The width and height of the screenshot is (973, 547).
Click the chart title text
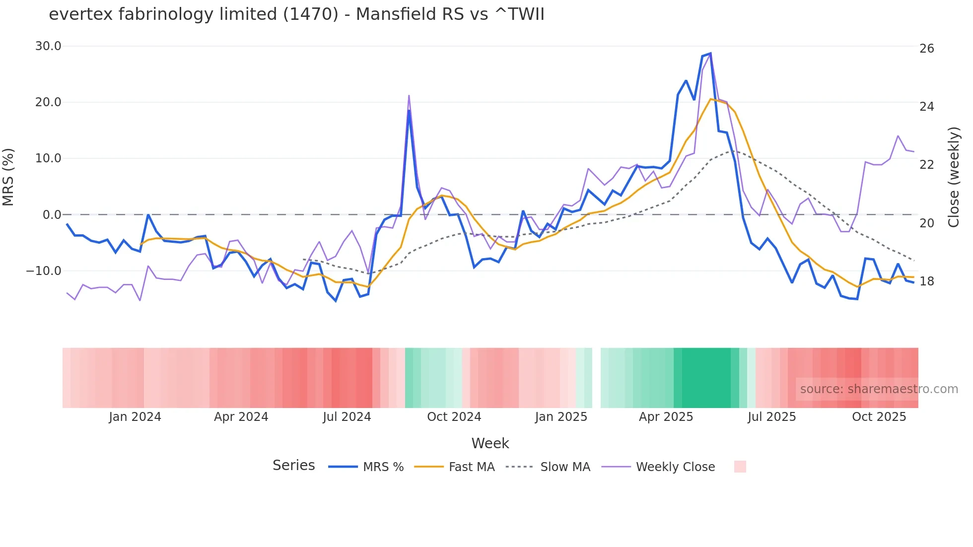coord(296,14)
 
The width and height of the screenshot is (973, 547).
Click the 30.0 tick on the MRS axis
coord(48,46)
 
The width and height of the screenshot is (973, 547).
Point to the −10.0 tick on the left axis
coord(44,271)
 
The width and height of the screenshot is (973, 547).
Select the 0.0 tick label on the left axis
coord(52,215)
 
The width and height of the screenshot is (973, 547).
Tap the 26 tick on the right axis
coord(926,49)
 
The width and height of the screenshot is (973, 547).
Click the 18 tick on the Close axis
coord(926,281)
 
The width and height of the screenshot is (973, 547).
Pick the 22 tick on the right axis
coord(926,165)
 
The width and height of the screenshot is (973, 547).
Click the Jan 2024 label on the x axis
coord(135,417)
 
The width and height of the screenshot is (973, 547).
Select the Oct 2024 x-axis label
coord(454,417)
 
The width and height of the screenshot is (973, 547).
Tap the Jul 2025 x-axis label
coord(771,417)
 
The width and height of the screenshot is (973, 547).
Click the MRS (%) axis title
coord(8,177)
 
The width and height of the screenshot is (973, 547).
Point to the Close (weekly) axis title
coord(954,177)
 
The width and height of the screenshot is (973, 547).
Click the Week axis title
coord(490,443)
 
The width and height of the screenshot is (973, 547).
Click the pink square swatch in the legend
coord(740,467)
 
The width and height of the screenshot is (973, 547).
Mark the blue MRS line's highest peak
coord(710,53)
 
